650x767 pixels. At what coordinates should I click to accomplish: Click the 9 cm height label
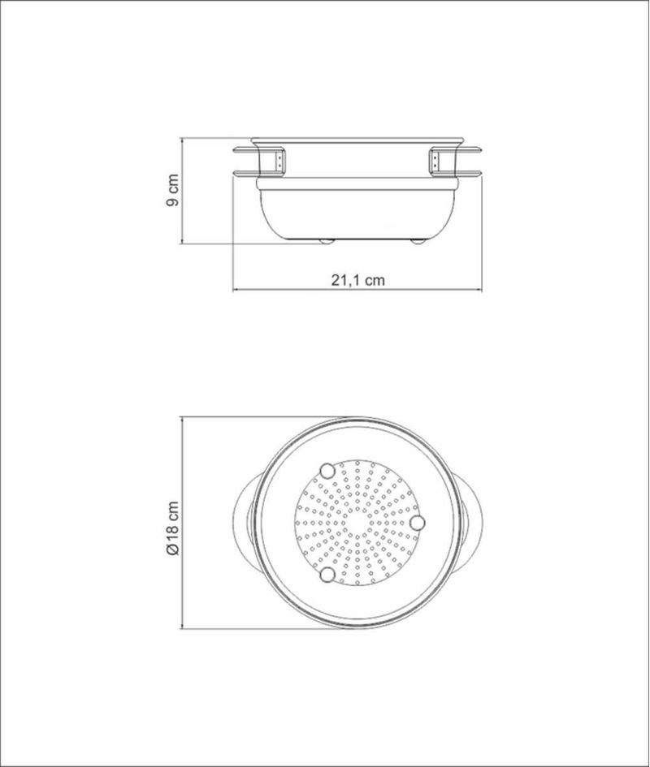173,190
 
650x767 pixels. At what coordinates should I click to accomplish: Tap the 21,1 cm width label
358,280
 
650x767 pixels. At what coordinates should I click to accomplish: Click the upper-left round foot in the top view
327,471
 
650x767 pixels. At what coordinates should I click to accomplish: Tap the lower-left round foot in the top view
327,575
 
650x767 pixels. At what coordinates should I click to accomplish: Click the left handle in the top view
244,523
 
